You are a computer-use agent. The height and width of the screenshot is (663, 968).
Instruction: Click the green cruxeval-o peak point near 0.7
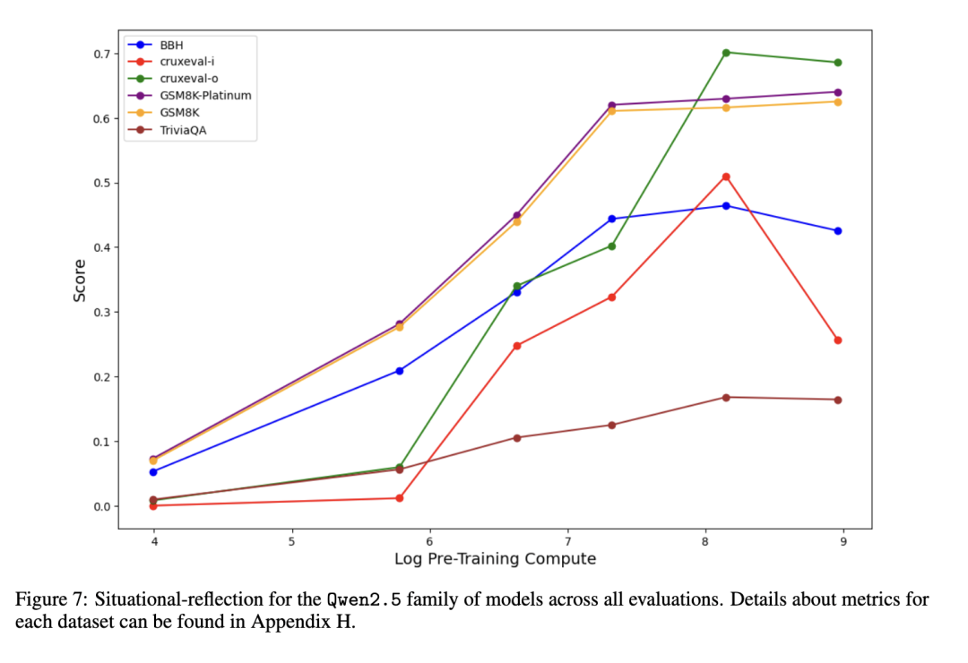pyautogui.click(x=726, y=52)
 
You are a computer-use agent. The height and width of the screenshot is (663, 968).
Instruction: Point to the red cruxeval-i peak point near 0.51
pyautogui.click(x=726, y=177)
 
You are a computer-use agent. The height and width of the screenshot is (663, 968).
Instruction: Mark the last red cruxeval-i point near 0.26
pyautogui.click(x=838, y=340)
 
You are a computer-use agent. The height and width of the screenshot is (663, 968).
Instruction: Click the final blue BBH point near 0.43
pyautogui.click(x=838, y=231)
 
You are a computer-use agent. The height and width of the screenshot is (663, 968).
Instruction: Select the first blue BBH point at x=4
pyautogui.click(x=153, y=471)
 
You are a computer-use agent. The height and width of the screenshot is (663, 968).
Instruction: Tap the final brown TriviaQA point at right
pyautogui.click(x=838, y=400)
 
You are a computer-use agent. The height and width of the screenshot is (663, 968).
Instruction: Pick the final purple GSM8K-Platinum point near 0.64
pyautogui.click(x=838, y=92)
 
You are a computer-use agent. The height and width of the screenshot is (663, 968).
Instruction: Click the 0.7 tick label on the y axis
pyautogui.click(x=99, y=54)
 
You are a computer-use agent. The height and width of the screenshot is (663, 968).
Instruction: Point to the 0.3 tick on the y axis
pyautogui.click(x=99, y=313)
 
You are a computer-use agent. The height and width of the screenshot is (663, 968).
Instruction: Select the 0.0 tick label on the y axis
pyautogui.click(x=99, y=506)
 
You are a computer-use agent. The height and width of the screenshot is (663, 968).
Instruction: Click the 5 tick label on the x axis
pyautogui.click(x=291, y=541)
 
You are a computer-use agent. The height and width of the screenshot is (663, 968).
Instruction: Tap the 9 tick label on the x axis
pyautogui.click(x=843, y=541)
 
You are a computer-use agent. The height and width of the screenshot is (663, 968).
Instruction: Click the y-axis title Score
pyautogui.click(x=81, y=280)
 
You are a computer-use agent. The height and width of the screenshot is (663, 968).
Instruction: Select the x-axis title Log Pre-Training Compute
pyautogui.click(x=495, y=559)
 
